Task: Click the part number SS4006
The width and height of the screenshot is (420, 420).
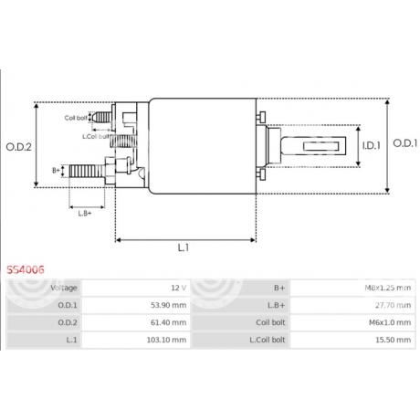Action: tap(26, 271)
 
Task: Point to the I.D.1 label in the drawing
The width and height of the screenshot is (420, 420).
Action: tap(369, 143)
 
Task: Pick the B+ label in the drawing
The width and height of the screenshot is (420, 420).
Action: tap(56, 170)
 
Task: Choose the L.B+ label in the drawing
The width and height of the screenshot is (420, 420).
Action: tap(84, 213)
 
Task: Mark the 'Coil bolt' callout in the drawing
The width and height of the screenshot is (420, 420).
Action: tap(76, 118)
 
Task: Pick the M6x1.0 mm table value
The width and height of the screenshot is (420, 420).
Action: tap(389, 322)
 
